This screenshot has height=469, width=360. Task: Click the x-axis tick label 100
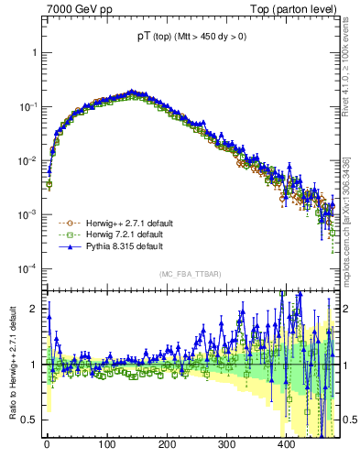106,444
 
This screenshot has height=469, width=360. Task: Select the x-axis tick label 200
167,444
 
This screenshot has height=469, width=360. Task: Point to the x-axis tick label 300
226,444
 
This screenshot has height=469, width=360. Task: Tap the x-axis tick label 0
47,444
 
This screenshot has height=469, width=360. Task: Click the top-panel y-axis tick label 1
35,53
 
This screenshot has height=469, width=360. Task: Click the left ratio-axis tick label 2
35,309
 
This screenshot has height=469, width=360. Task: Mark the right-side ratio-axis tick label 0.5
349,420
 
